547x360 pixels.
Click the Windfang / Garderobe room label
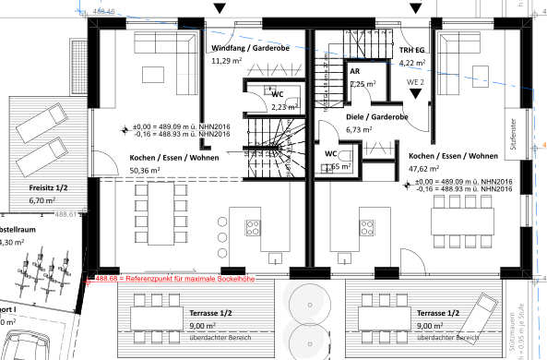point(250,46)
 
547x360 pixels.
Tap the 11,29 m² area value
point(226,61)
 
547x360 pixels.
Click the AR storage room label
point(354,71)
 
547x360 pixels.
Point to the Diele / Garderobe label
point(377,117)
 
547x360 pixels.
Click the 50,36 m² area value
point(145,171)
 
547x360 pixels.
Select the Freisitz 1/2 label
point(43,186)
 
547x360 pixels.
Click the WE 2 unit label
point(416,83)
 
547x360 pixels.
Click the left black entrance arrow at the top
point(219,7)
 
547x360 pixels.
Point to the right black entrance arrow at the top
point(415,7)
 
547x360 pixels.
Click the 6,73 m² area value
point(358,130)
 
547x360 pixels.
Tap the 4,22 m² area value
point(411,63)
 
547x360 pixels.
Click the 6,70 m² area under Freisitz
point(43,199)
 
